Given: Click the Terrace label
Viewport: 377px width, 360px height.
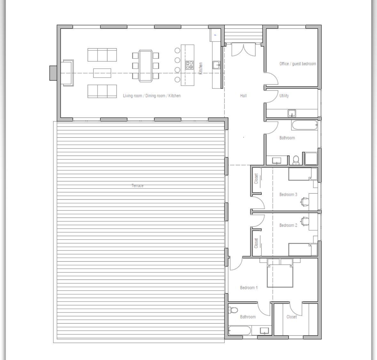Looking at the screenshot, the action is tap(137, 185).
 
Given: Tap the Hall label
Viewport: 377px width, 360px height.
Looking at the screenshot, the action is tap(243, 96).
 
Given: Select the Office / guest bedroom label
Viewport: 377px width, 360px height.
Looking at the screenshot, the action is tap(298, 64).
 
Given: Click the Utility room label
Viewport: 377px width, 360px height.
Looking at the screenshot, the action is tap(284, 96).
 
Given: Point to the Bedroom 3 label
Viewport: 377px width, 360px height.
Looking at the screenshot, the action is tap(288, 194).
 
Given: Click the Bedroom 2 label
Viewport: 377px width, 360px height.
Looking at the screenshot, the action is tap(288, 225).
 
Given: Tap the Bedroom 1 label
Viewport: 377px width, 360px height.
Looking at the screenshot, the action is tap(249, 287).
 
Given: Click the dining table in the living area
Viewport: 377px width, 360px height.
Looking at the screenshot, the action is tap(145, 66).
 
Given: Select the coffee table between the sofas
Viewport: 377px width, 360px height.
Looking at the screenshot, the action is tap(102, 73).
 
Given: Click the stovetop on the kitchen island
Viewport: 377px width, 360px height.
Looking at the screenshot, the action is tap(190, 65).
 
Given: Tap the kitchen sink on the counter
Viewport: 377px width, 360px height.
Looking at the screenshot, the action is tap(216, 65).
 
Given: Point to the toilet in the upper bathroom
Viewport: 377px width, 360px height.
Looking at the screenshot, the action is tap(296, 160).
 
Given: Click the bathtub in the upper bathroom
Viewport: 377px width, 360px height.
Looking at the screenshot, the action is tap(305, 125).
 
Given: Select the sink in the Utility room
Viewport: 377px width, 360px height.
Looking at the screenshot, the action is tap(292, 113).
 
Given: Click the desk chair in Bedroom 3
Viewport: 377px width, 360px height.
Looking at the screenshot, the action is tap(304, 202).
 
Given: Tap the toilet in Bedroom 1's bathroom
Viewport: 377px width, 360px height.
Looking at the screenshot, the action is tap(233, 310).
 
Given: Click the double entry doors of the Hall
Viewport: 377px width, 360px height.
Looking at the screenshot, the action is tap(244, 50).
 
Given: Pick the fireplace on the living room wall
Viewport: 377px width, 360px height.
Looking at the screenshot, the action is tap(53, 73).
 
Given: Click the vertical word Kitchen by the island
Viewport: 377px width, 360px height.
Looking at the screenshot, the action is tap(201, 68).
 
